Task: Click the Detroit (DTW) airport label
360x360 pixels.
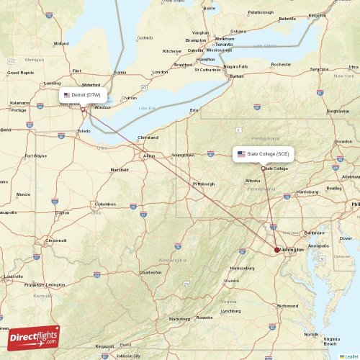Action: click(x=85, y=94)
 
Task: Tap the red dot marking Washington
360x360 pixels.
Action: click(x=277, y=250)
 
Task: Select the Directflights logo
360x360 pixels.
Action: click(x=34, y=337)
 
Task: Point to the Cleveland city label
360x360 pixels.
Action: click(x=148, y=137)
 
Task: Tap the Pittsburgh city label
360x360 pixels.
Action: click(x=204, y=184)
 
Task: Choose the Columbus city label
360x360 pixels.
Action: click(x=105, y=204)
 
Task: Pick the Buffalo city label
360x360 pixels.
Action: click(x=236, y=76)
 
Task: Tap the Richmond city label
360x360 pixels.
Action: click(x=287, y=305)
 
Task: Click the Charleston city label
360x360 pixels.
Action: click(x=150, y=272)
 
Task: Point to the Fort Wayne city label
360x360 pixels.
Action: click(x=35, y=156)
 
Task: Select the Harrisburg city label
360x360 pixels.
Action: click(x=307, y=192)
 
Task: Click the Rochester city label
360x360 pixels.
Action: click(x=281, y=65)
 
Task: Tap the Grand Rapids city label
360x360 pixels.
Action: click(x=20, y=73)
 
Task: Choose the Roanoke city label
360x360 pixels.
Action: click(x=204, y=317)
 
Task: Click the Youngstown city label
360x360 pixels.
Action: click(x=183, y=155)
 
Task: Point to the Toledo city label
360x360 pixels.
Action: click(x=84, y=132)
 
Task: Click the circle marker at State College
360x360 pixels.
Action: click(x=263, y=167)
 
